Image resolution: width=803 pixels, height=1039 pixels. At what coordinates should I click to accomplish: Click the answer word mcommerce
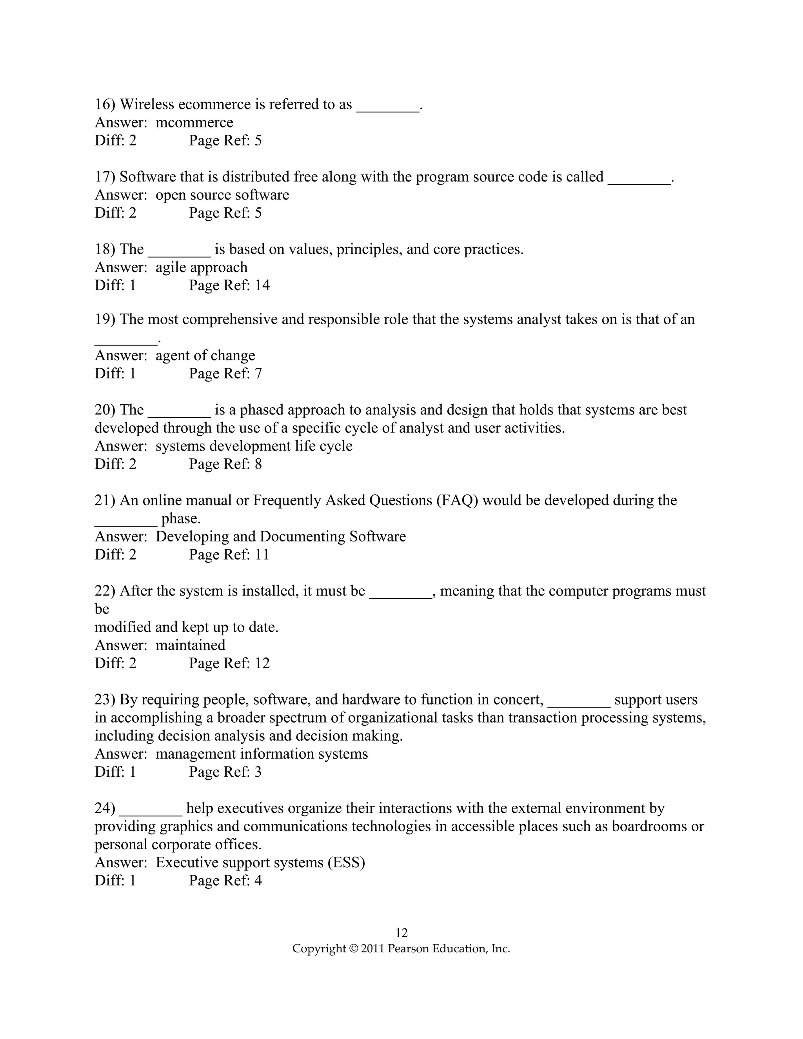click(194, 123)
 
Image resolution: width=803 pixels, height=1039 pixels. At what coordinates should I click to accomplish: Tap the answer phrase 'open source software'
click(222, 195)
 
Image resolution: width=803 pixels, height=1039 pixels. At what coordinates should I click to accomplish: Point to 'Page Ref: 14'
click(229, 285)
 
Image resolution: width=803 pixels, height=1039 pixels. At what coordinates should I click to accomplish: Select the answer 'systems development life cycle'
click(254, 446)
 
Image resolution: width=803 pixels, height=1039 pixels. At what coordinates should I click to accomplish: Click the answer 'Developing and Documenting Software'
click(281, 537)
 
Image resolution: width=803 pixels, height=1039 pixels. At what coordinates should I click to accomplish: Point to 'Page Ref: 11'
click(229, 555)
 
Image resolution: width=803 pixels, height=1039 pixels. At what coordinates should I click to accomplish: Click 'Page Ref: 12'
click(229, 663)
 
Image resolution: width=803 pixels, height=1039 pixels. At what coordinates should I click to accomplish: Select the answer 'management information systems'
click(262, 754)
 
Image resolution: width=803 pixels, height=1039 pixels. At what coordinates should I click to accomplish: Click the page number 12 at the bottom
click(401, 932)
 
